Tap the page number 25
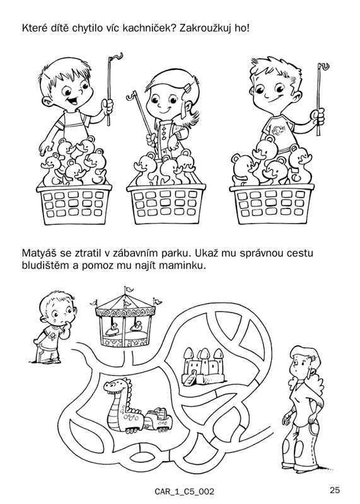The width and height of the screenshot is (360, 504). click(335, 490)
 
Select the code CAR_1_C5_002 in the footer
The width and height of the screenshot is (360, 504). click(184, 491)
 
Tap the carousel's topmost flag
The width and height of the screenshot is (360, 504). click(129, 289)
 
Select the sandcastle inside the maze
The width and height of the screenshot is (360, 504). click(203, 366)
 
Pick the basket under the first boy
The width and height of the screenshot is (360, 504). click(74, 203)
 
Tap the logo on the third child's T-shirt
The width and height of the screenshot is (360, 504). click(277, 130)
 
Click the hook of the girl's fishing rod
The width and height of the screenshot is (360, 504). click(131, 95)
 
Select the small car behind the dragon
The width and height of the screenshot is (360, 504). click(158, 419)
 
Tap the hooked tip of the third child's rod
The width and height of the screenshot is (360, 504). click(323, 66)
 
